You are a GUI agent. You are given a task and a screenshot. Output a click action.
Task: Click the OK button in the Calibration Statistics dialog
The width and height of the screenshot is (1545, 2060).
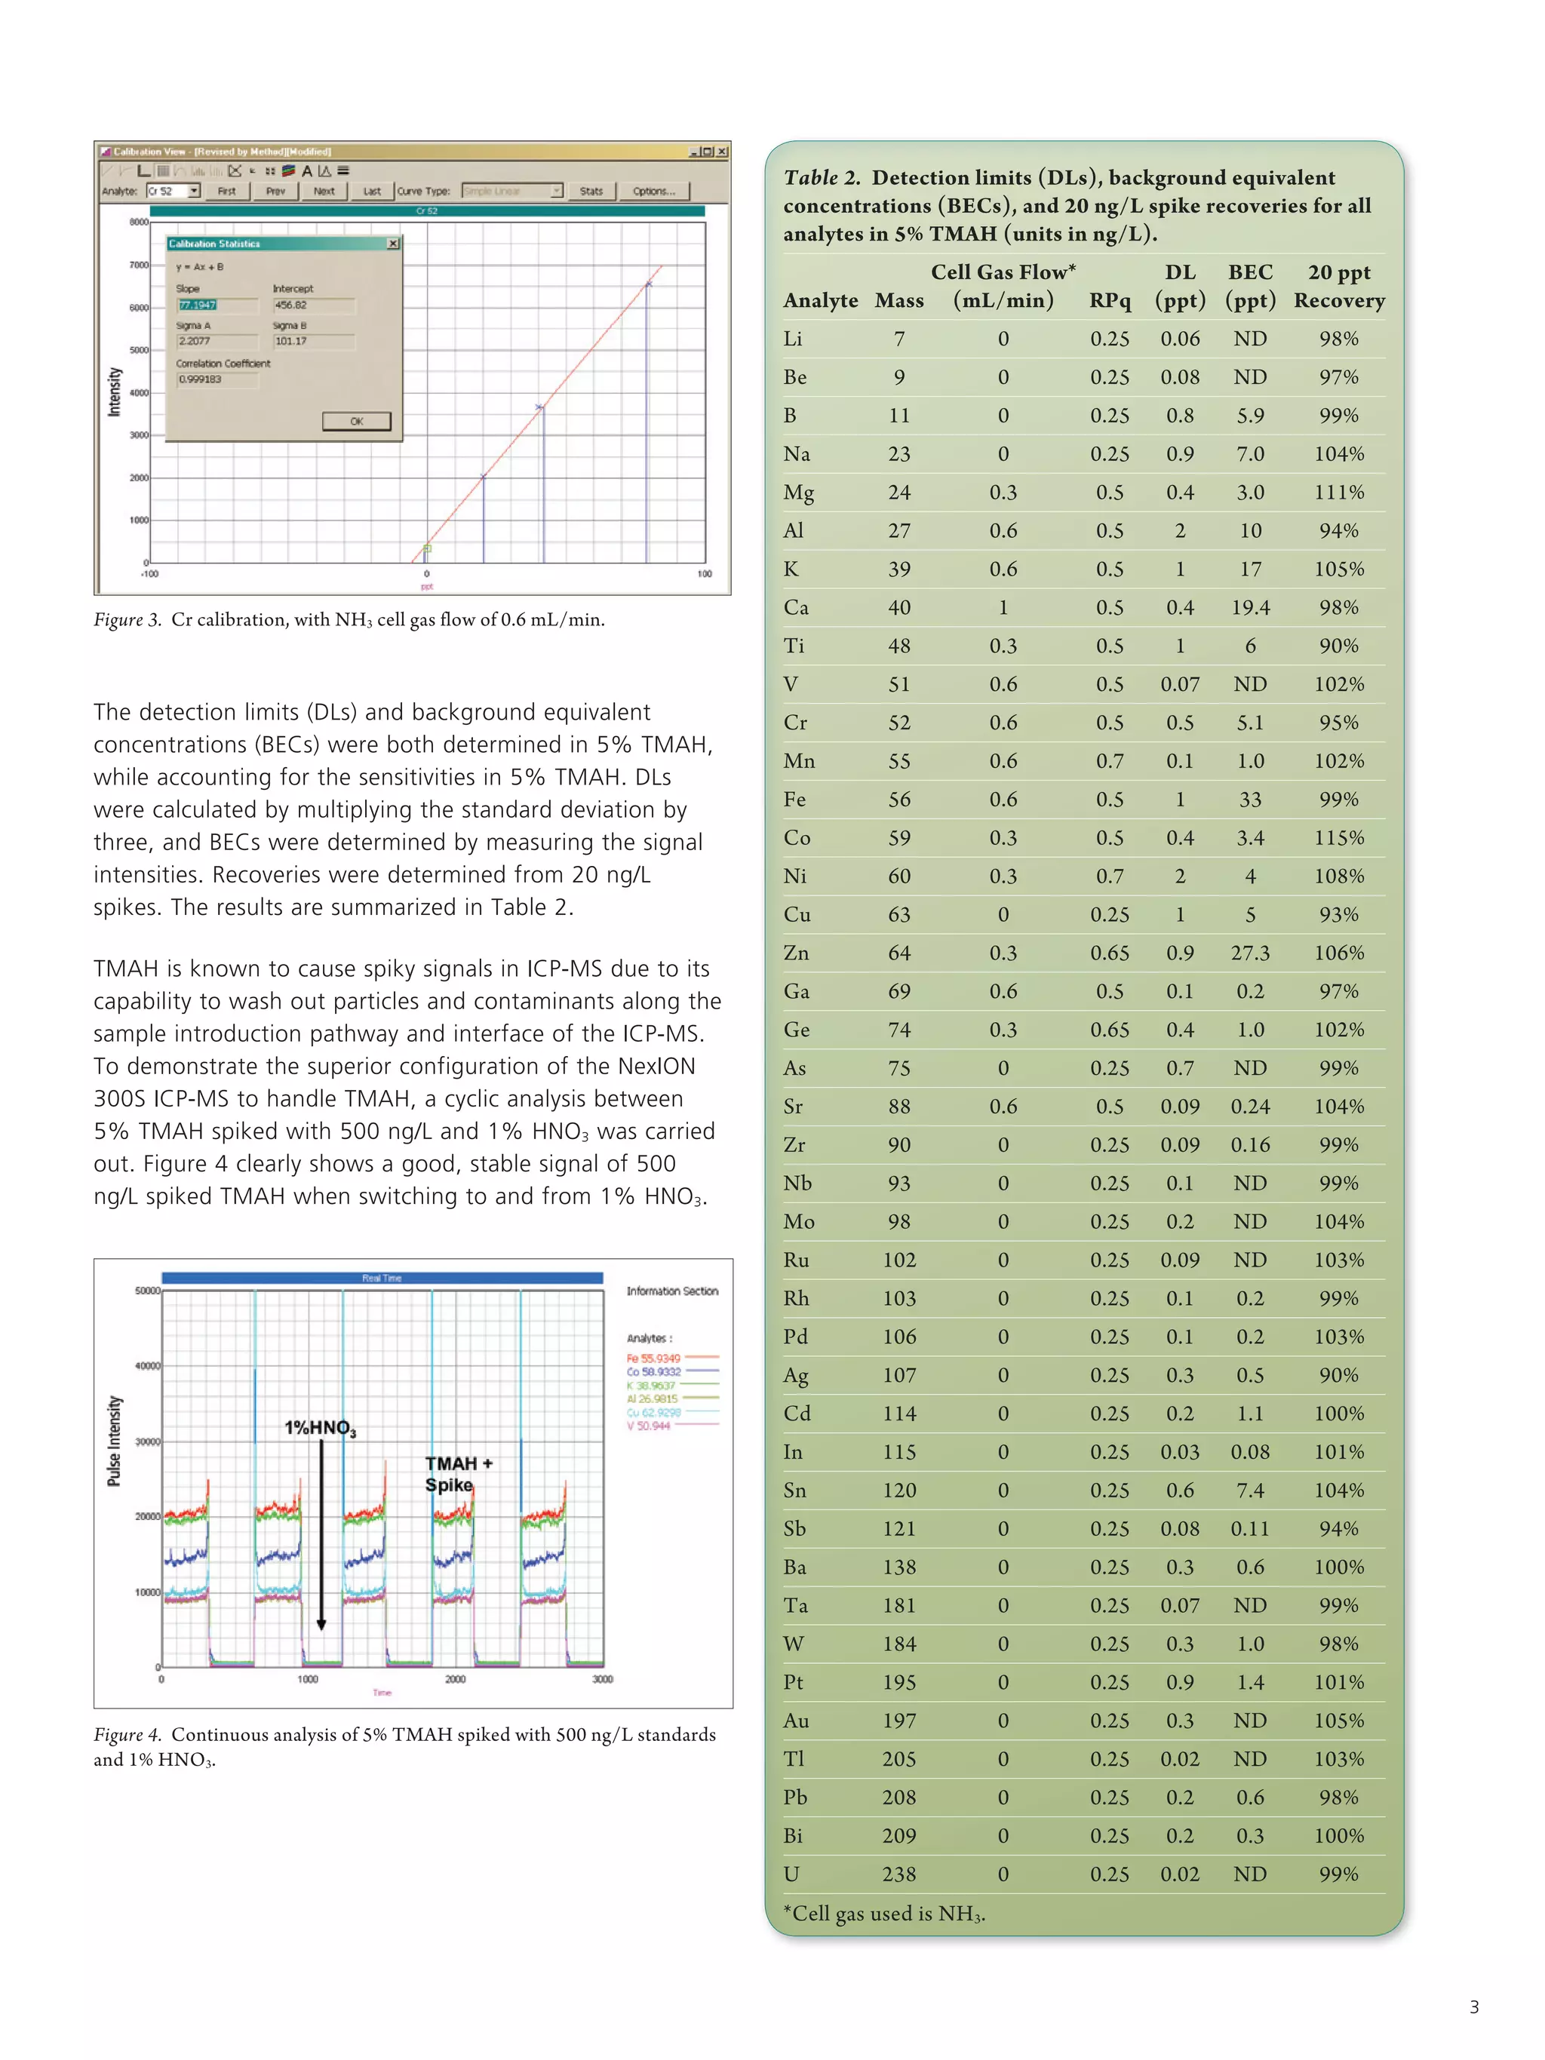[x=356, y=421]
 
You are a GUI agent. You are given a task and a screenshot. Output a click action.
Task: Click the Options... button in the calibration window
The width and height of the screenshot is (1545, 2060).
[x=654, y=191]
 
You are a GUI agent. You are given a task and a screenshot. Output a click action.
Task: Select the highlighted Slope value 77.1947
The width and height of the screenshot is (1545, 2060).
[x=198, y=305]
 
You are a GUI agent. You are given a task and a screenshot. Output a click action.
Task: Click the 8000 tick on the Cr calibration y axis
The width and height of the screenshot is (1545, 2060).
[x=138, y=222]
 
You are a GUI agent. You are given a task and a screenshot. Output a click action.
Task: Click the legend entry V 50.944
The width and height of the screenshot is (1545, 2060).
[x=648, y=1425]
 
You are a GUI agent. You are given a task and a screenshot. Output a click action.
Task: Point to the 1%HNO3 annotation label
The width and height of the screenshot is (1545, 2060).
[x=319, y=1428]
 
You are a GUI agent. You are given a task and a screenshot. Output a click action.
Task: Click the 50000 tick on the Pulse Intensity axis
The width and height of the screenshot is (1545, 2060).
[x=147, y=1291]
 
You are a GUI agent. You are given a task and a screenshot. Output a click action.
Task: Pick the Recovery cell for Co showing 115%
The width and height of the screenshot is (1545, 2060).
[x=1338, y=837]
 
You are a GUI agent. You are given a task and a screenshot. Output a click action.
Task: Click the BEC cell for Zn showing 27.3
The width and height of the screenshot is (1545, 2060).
[x=1250, y=953]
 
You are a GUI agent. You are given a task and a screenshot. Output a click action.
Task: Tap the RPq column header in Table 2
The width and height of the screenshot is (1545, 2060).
[x=1109, y=300]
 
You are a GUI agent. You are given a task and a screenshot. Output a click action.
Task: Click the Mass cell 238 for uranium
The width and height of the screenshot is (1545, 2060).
[x=898, y=1874]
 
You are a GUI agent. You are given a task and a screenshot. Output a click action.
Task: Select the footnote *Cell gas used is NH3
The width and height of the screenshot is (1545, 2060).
[x=884, y=1914]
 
